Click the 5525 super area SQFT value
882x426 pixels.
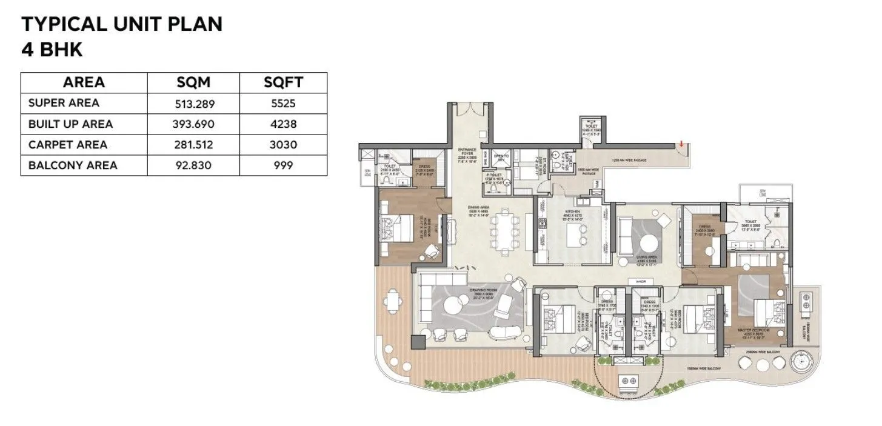click(x=284, y=104)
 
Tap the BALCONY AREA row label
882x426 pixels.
click(x=73, y=165)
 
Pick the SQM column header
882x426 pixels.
click(x=193, y=82)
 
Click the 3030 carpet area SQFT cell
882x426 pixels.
click(x=284, y=145)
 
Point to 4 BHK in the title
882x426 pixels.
click(x=52, y=49)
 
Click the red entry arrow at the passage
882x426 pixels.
click(x=682, y=144)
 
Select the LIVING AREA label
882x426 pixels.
click(x=647, y=258)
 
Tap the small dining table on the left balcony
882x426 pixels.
click(x=394, y=299)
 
